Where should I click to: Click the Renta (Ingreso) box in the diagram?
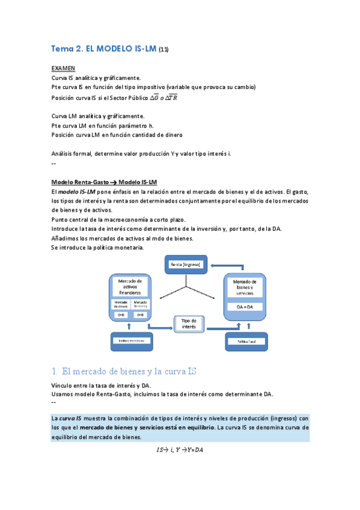186,264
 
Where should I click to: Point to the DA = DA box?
244,307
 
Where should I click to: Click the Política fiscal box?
245,340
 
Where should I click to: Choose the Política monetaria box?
130,340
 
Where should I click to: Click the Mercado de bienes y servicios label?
244,286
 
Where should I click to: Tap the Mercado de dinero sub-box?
120,304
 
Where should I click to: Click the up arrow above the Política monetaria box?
130,325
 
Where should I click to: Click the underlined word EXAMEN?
63,69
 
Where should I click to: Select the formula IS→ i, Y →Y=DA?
180,449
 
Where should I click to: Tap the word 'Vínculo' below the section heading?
63,386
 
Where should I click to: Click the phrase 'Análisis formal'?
72,153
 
